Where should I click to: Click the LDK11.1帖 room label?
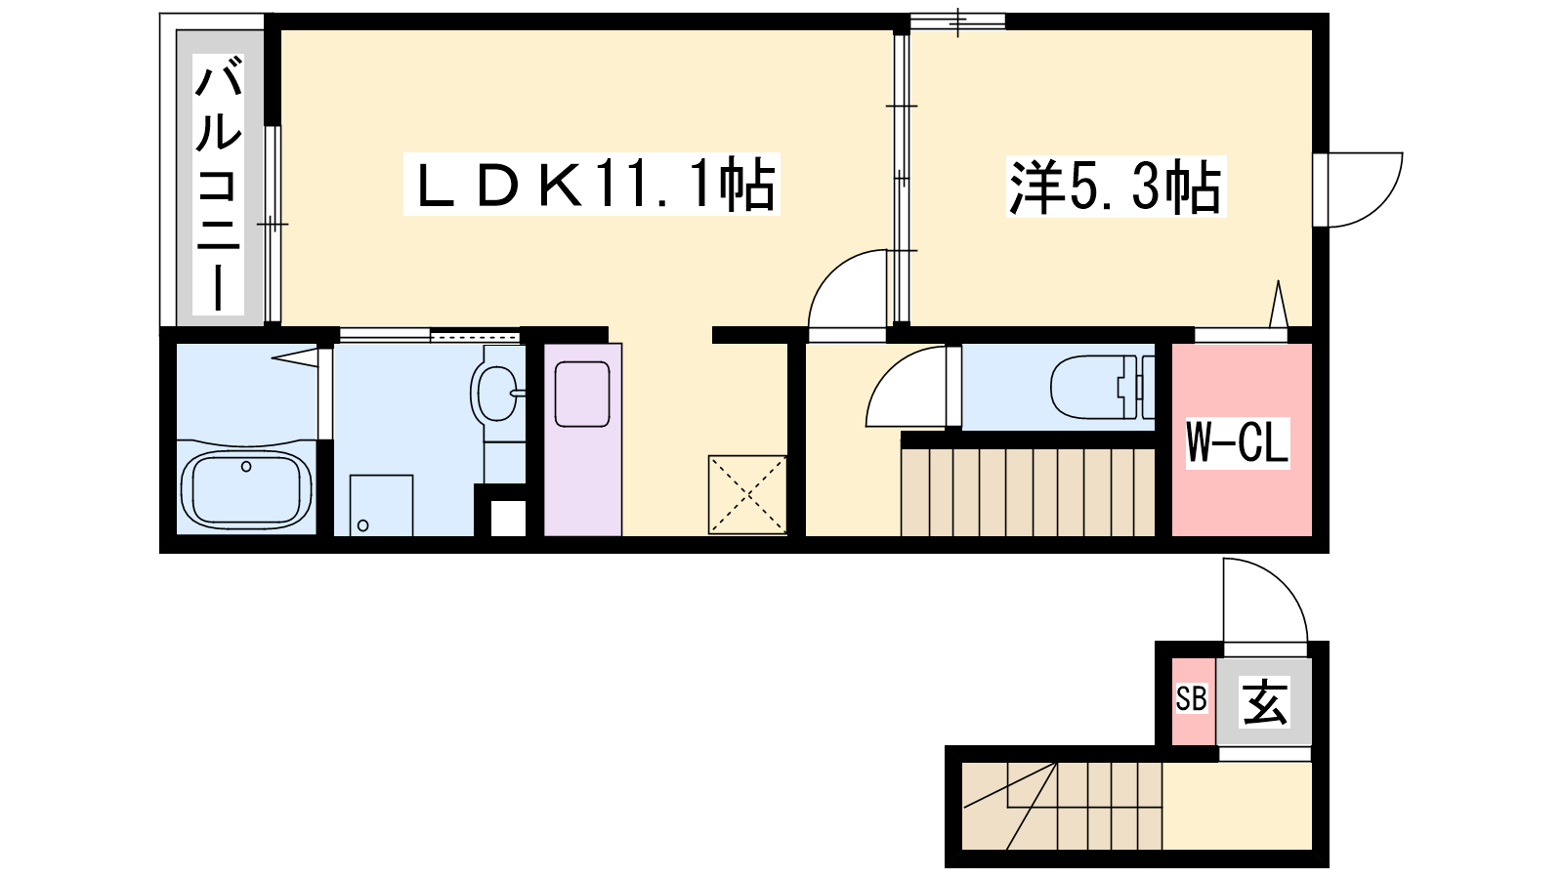(x=592, y=185)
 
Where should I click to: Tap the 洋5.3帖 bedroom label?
(x=1116, y=187)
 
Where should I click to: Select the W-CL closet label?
(x=1238, y=442)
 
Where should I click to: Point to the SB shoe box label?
(x=1191, y=698)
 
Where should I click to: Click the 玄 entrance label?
(x=1264, y=702)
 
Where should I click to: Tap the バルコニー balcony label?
(x=219, y=185)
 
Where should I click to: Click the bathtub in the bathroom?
(x=245, y=488)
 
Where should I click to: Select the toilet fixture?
(x=1103, y=387)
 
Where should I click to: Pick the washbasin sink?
(x=496, y=394)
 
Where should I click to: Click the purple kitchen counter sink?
(x=582, y=394)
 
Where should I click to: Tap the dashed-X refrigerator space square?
(x=747, y=494)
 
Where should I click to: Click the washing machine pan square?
(x=381, y=506)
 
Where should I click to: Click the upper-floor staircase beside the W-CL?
(x=1027, y=492)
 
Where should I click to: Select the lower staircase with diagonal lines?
(x=1062, y=806)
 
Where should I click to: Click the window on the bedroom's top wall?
(x=958, y=21)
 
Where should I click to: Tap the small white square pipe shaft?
(x=508, y=519)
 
